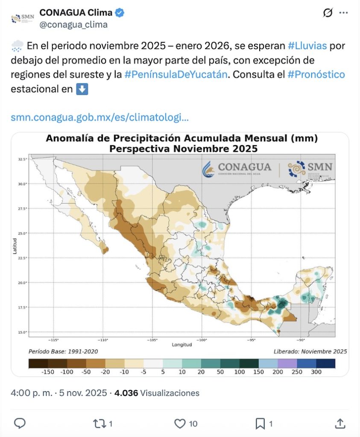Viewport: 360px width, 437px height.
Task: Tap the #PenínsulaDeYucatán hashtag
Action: coord(176,74)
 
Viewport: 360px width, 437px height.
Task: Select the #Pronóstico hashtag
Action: coord(316,74)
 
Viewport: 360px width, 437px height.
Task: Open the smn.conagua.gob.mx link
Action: coord(100,117)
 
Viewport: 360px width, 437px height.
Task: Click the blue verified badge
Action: coord(120,13)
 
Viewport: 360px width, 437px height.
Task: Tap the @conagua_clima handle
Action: coord(73,25)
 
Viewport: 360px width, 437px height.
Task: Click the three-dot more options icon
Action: coord(343,13)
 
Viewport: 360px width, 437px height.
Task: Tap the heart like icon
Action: coord(180,423)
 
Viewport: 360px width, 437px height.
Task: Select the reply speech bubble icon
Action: coord(20,423)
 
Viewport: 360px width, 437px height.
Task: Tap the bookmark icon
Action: coord(260,423)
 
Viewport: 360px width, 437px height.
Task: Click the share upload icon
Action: coord(340,423)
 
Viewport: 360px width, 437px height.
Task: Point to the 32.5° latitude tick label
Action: coord(23,159)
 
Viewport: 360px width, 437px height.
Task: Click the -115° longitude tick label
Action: coord(54,340)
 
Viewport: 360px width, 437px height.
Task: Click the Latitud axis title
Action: coord(15,246)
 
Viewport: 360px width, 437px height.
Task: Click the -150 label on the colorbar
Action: coord(48,372)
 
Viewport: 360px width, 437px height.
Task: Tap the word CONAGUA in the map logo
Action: coord(244,167)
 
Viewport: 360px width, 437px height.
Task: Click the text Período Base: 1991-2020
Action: coord(63,352)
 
